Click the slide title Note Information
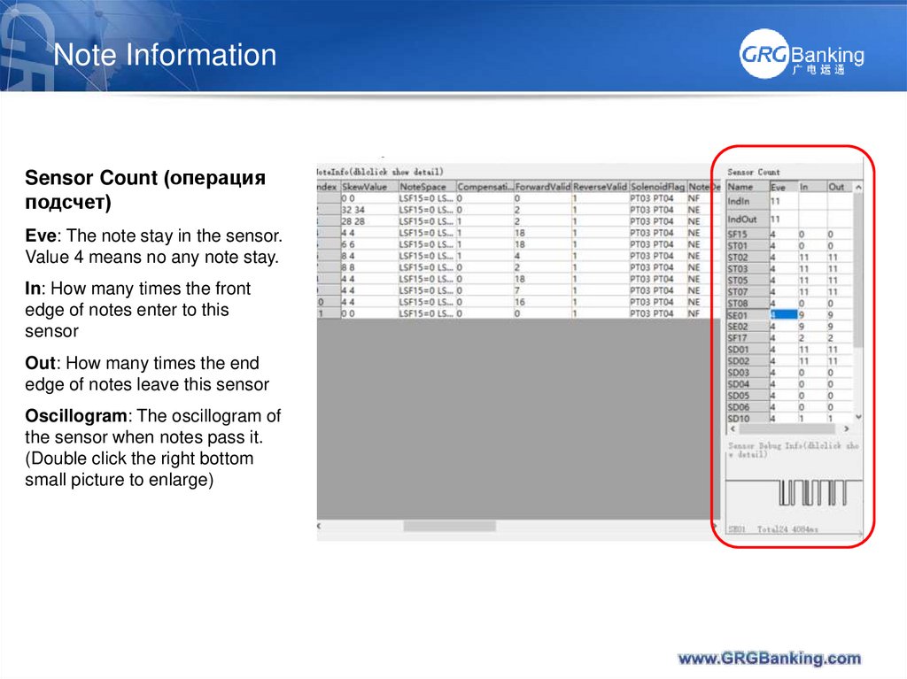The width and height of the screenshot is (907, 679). (x=165, y=55)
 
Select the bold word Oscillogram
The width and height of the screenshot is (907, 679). (x=75, y=416)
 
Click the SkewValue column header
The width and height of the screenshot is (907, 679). (x=367, y=187)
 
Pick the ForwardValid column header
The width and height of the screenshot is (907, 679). (x=541, y=187)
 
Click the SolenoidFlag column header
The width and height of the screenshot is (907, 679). (x=656, y=187)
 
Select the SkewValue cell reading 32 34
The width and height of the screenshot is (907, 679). (x=354, y=210)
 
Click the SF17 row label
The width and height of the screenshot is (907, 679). (x=737, y=337)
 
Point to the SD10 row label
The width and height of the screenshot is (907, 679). (x=738, y=418)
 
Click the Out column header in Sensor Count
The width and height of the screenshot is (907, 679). (x=836, y=187)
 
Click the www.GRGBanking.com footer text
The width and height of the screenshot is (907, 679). (x=769, y=658)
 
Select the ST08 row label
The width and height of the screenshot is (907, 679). (x=738, y=303)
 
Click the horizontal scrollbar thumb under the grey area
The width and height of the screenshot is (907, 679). (x=449, y=526)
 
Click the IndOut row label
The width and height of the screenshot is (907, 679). (x=742, y=219)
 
